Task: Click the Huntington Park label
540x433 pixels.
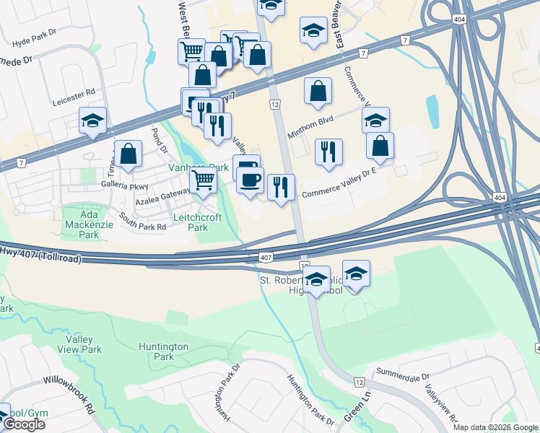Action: (165, 351)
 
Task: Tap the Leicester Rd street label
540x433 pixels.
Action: (74, 93)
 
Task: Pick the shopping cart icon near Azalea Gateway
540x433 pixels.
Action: (204, 180)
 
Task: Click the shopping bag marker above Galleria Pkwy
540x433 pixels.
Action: (128, 154)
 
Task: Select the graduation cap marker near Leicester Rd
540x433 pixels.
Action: (92, 121)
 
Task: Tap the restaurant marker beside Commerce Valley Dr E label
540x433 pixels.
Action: (281, 187)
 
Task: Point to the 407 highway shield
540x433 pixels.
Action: (266, 257)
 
